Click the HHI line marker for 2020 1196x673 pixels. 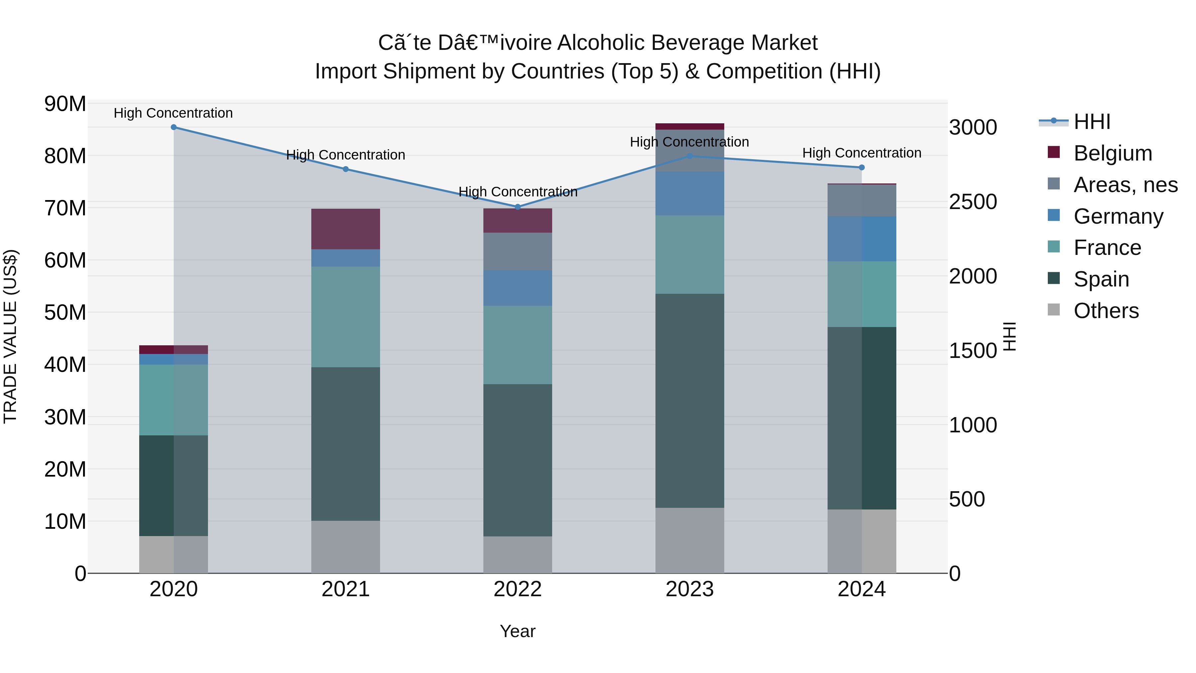(174, 127)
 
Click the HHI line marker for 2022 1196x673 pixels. (518, 207)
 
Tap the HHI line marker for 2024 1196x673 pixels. (862, 167)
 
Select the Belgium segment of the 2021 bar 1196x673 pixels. (346, 229)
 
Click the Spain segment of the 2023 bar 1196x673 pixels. (689, 400)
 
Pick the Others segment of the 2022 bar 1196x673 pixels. (518, 555)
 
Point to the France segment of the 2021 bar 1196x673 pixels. (346, 317)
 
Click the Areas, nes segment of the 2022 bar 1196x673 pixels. (518, 251)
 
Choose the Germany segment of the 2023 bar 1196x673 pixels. (689, 194)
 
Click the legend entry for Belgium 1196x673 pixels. (1112, 153)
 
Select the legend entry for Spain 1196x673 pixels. (1101, 279)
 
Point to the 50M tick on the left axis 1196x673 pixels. (65, 313)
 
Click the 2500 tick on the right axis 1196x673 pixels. (973, 202)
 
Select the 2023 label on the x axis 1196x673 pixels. (689, 589)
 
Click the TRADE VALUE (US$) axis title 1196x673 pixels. (10, 336)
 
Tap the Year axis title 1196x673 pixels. (517, 631)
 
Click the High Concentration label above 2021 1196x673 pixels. (346, 155)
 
